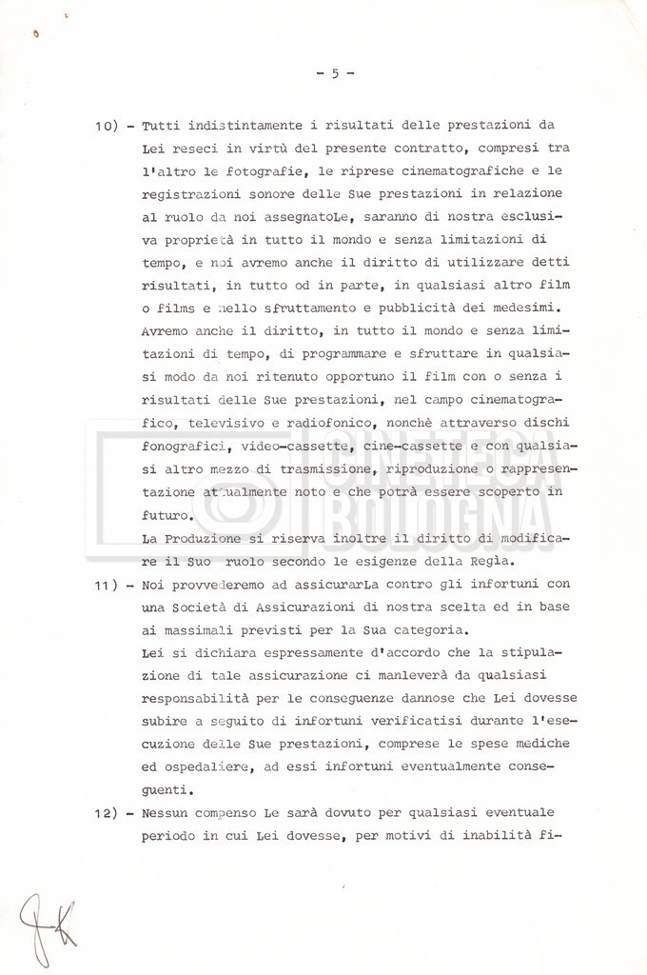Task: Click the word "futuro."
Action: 169,515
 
